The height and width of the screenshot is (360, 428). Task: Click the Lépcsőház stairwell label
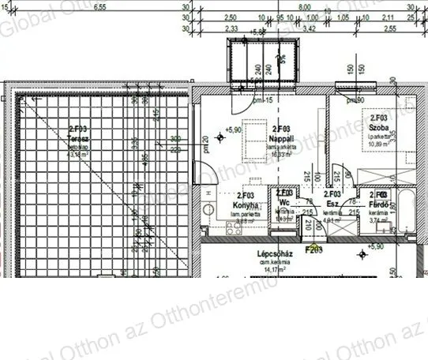[x=276, y=254]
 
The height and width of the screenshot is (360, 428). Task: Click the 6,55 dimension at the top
[x=99, y=6]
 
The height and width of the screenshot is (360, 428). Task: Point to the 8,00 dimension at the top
[x=304, y=6]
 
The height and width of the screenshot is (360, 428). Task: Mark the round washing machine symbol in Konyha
[x=208, y=211]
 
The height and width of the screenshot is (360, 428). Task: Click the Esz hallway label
[x=332, y=202]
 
